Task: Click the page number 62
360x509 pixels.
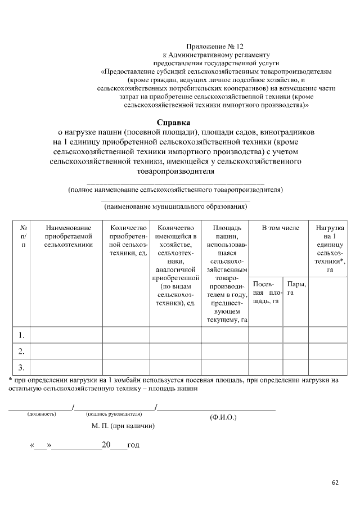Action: [335, 483]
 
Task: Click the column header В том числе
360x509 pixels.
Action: [281, 228]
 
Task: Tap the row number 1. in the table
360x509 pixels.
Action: [21, 336]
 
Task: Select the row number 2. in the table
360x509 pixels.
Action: [21, 352]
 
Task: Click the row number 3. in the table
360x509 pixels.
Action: [21, 368]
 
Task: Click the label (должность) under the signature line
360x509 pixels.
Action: [42, 415]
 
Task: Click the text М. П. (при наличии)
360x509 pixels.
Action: [123, 426]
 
